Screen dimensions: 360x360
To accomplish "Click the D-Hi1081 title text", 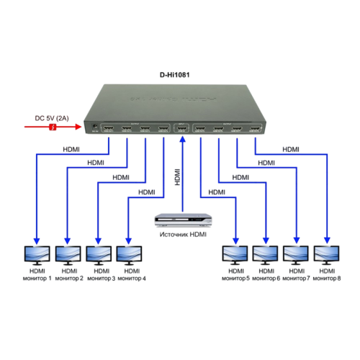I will point(179,74).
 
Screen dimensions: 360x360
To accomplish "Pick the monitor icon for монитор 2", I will point(68,253).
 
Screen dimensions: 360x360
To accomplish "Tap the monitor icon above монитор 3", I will point(99,253).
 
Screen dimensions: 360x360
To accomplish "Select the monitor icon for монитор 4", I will point(129,253).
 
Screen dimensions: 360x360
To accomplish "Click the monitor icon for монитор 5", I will point(235,253).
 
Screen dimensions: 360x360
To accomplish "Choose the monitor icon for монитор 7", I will point(297,253).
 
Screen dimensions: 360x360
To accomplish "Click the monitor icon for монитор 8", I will point(327,253).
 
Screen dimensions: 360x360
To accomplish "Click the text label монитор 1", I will point(37,277).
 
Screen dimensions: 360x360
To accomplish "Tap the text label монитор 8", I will point(328,277).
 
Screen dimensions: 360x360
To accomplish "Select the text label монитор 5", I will point(235,277).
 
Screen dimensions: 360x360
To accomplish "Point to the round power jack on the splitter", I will point(94,127).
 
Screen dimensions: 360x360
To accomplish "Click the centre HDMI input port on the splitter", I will point(182,130).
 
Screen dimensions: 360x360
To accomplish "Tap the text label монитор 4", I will point(130,277).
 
